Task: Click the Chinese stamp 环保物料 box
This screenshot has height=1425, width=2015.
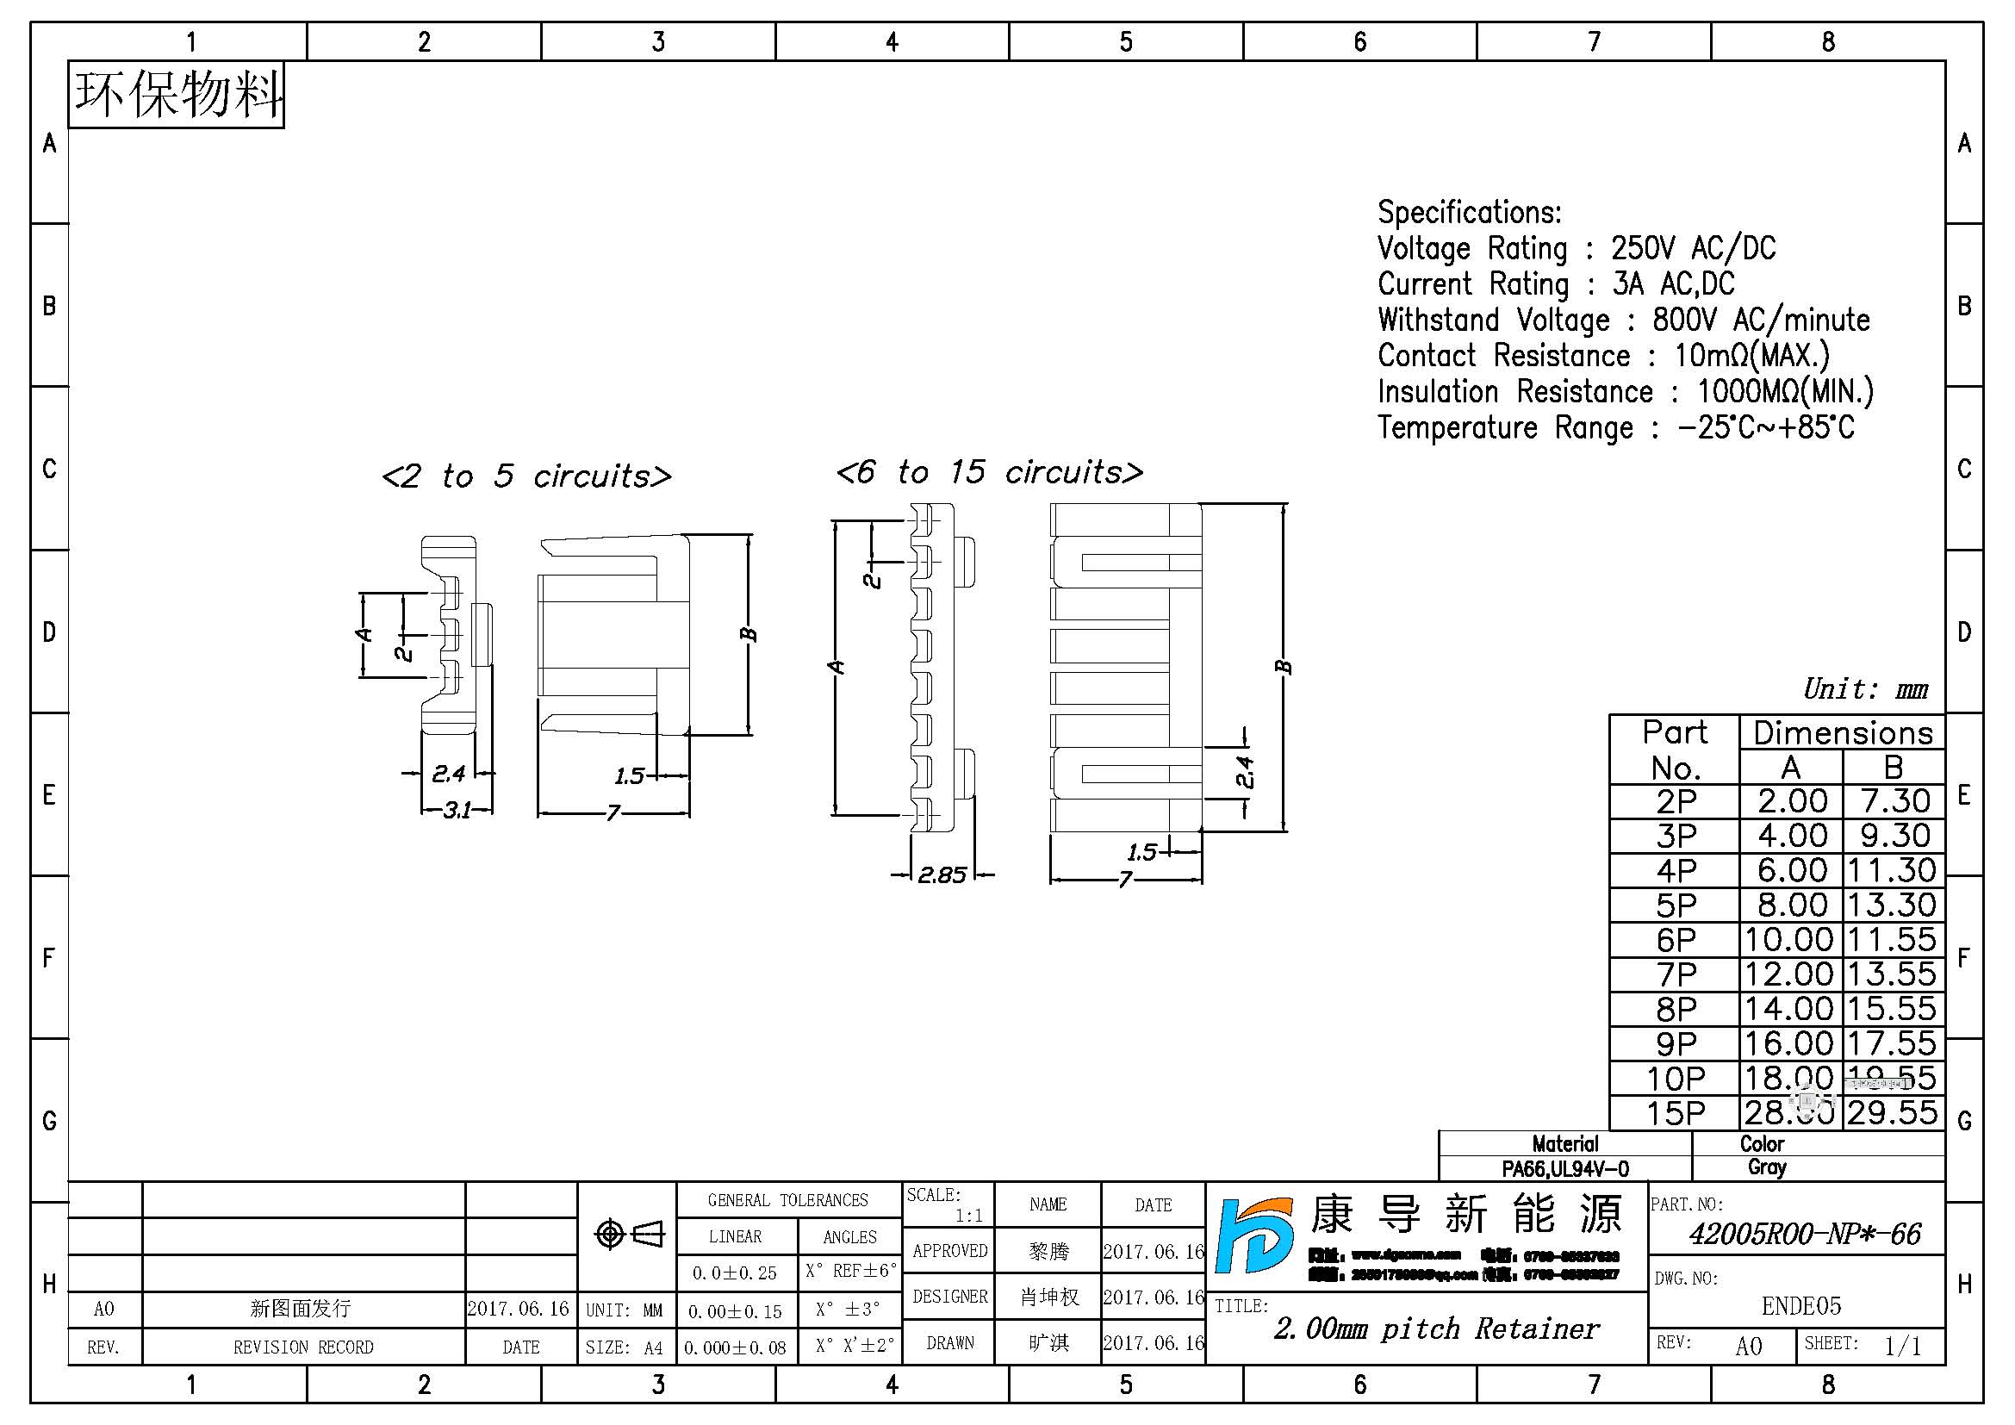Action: pyautogui.click(x=177, y=95)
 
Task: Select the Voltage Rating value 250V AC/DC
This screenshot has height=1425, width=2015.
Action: pyautogui.click(x=1692, y=248)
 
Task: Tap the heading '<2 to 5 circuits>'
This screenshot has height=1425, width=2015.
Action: pyautogui.click(x=526, y=476)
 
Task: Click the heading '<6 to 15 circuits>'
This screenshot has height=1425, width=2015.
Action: pyautogui.click(x=989, y=472)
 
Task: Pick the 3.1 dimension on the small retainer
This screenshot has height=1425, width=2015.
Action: pyautogui.click(x=457, y=810)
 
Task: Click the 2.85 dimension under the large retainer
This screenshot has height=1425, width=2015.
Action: pyautogui.click(x=942, y=874)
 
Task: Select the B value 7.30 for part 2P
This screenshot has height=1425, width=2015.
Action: pyautogui.click(x=1894, y=801)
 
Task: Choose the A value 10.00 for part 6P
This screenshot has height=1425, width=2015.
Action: pyautogui.click(x=1789, y=940)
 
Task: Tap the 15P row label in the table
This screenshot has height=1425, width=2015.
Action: pyautogui.click(x=1675, y=1112)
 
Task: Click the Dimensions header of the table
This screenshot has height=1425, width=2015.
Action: pyautogui.click(x=1842, y=732)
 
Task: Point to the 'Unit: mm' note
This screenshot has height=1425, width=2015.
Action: pyautogui.click(x=1865, y=690)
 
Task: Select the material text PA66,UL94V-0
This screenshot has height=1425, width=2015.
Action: pyautogui.click(x=1564, y=1169)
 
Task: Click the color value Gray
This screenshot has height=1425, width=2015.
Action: pyautogui.click(x=1766, y=1168)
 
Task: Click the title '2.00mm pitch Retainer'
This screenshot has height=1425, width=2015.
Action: pyautogui.click(x=1436, y=1329)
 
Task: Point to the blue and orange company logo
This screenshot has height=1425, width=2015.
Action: pyautogui.click(x=1253, y=1235)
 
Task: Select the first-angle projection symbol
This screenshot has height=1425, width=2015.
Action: pyautogui.click(x=628, y=1235)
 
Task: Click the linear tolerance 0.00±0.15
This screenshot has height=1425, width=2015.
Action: pyautogui.click(x=735, y=1311)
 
